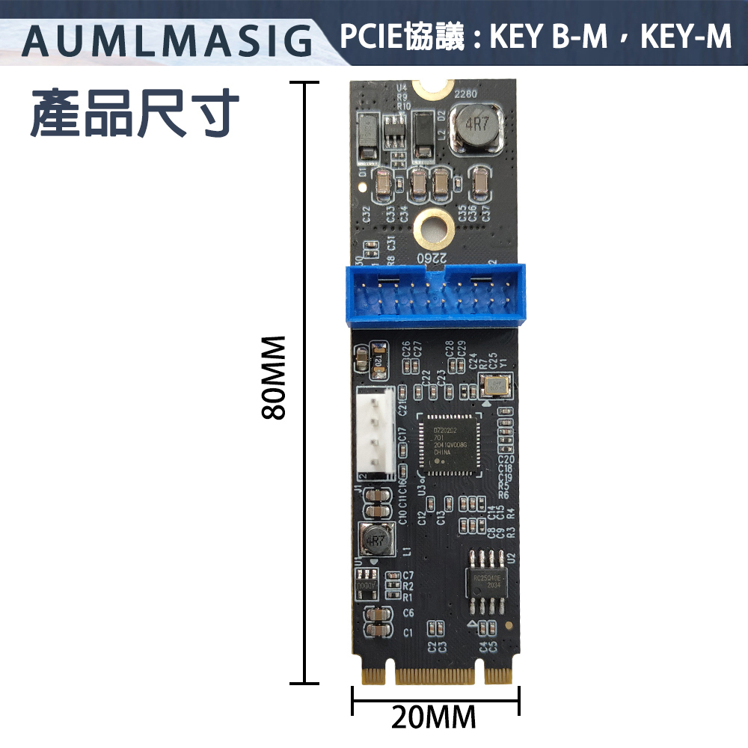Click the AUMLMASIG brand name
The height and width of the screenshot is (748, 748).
click(168, 41)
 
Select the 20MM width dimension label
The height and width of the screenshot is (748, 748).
click(434, 717)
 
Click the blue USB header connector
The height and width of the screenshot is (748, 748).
click(435, 296)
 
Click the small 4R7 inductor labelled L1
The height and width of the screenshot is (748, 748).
click(376, 539)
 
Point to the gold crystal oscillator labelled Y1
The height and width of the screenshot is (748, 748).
click(494, 386)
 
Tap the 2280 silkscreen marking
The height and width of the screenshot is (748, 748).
click(465, 95)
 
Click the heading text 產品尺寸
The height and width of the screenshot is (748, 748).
click(135, 114)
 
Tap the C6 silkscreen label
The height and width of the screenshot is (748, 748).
click(408, 613)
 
